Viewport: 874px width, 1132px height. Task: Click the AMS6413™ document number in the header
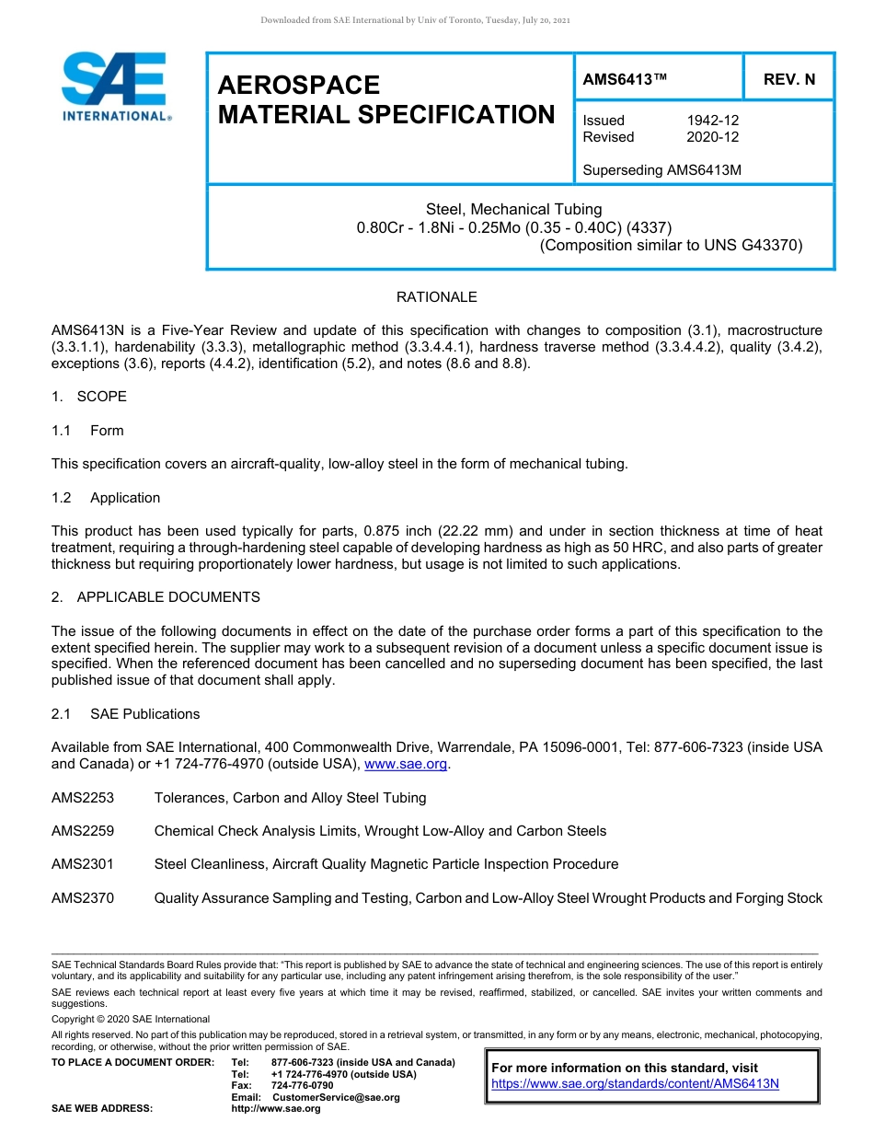(624, 79)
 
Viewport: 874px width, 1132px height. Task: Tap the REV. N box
(788, 79)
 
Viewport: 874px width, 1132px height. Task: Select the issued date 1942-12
(712, 121)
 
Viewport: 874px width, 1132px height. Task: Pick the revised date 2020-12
(712, 137)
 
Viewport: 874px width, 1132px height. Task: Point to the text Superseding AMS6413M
(661, 170)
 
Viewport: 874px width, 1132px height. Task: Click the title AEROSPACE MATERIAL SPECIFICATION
(385, 99)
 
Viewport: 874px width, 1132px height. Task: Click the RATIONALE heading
(436, 297)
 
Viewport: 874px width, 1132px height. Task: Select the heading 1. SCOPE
(89, 397)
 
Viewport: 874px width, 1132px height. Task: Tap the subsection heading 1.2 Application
(106, 498)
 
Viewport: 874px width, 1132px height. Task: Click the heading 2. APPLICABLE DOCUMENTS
(155, 597)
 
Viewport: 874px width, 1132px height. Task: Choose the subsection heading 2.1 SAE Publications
(125, 714)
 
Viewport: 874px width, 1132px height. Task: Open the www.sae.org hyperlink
(406, 764)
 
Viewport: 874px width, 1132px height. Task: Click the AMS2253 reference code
(83, 798)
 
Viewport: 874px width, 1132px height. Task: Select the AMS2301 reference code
(83, 864)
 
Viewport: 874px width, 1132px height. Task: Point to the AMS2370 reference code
(83, 898)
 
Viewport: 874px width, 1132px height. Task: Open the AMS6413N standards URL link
(635, 1083)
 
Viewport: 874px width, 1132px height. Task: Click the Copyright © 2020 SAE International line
(131, 1019)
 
